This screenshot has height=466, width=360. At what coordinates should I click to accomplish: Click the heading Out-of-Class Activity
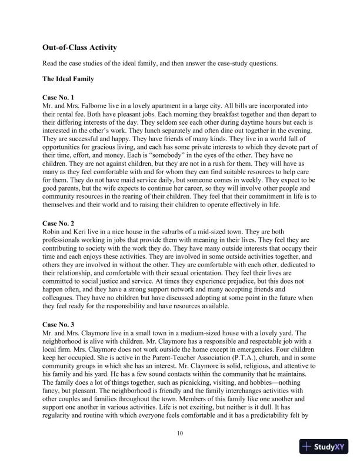(x=79, y=46)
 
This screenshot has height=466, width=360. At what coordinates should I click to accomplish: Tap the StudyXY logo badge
(x=324, y=447)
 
